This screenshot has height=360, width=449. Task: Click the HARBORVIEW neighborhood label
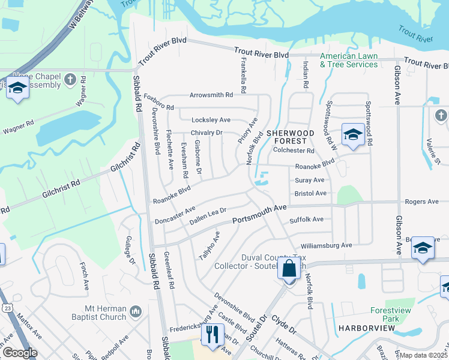366,328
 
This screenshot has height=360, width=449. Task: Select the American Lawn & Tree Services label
349,60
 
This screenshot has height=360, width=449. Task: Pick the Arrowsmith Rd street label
211,95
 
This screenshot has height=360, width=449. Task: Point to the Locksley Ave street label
211,120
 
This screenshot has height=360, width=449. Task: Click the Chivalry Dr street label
206,133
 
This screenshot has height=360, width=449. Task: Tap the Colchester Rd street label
294,151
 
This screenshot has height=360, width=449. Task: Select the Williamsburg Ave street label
326,245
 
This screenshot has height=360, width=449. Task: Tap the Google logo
19,353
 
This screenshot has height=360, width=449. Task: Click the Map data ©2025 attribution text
424,355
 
